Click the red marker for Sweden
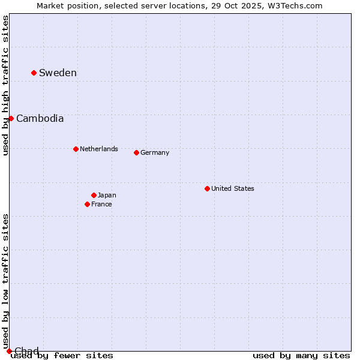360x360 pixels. [34, 73]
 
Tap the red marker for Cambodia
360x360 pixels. [11, 118]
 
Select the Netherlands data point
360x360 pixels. [76, 149]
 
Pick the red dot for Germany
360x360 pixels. [136, 152]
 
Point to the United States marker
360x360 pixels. [207, 188]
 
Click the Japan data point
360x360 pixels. [94, 195]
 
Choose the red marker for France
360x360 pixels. [87, 204]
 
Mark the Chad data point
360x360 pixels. [9, 351]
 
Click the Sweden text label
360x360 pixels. [58, 73]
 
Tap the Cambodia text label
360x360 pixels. [40, 118]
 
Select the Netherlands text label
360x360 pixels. [99, 149]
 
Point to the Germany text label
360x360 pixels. [155, 152]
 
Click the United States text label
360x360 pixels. [233, 188]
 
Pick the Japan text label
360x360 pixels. [107, 195]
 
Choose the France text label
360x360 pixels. [101, 204]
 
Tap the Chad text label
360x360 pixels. [26, 351]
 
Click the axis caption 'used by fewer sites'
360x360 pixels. [62, 355]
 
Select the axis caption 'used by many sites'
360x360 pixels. [301, 355]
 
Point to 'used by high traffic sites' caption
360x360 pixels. [6, 85]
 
